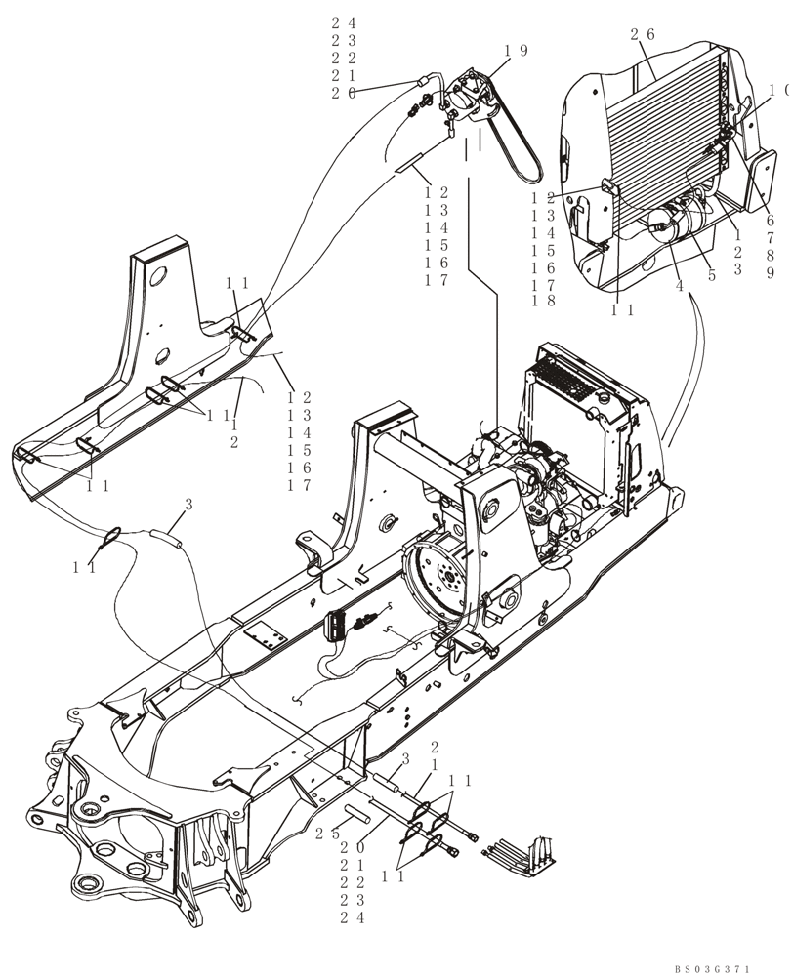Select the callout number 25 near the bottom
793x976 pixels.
point(326,833)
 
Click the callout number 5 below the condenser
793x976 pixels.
point(711,275)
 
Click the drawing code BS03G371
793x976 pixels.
point(712,968)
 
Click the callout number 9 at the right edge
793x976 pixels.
point(770,274)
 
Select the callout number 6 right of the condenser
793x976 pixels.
point(770,222)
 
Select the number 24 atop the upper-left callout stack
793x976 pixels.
point(343,22)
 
